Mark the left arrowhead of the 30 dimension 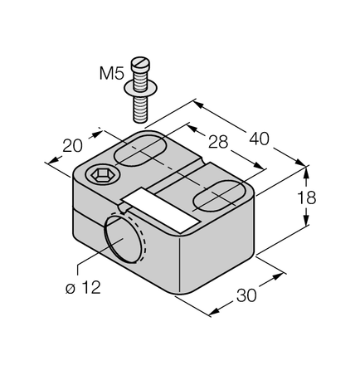click(x=212, y=314)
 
